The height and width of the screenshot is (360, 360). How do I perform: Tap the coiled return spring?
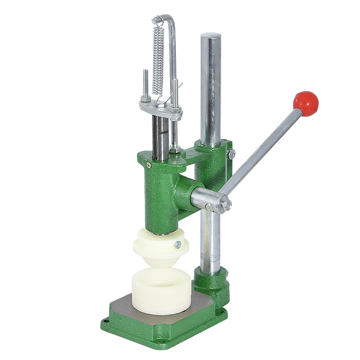158,59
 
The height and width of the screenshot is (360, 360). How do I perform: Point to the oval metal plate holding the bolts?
161,108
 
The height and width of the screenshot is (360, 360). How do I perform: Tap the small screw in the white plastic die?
177,244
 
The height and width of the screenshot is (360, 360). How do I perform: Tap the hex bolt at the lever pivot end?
227,205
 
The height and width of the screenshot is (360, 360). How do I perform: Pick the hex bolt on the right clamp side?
231,154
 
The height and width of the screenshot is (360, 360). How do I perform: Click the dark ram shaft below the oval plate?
160,136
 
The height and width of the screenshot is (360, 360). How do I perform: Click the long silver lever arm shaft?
263,150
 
